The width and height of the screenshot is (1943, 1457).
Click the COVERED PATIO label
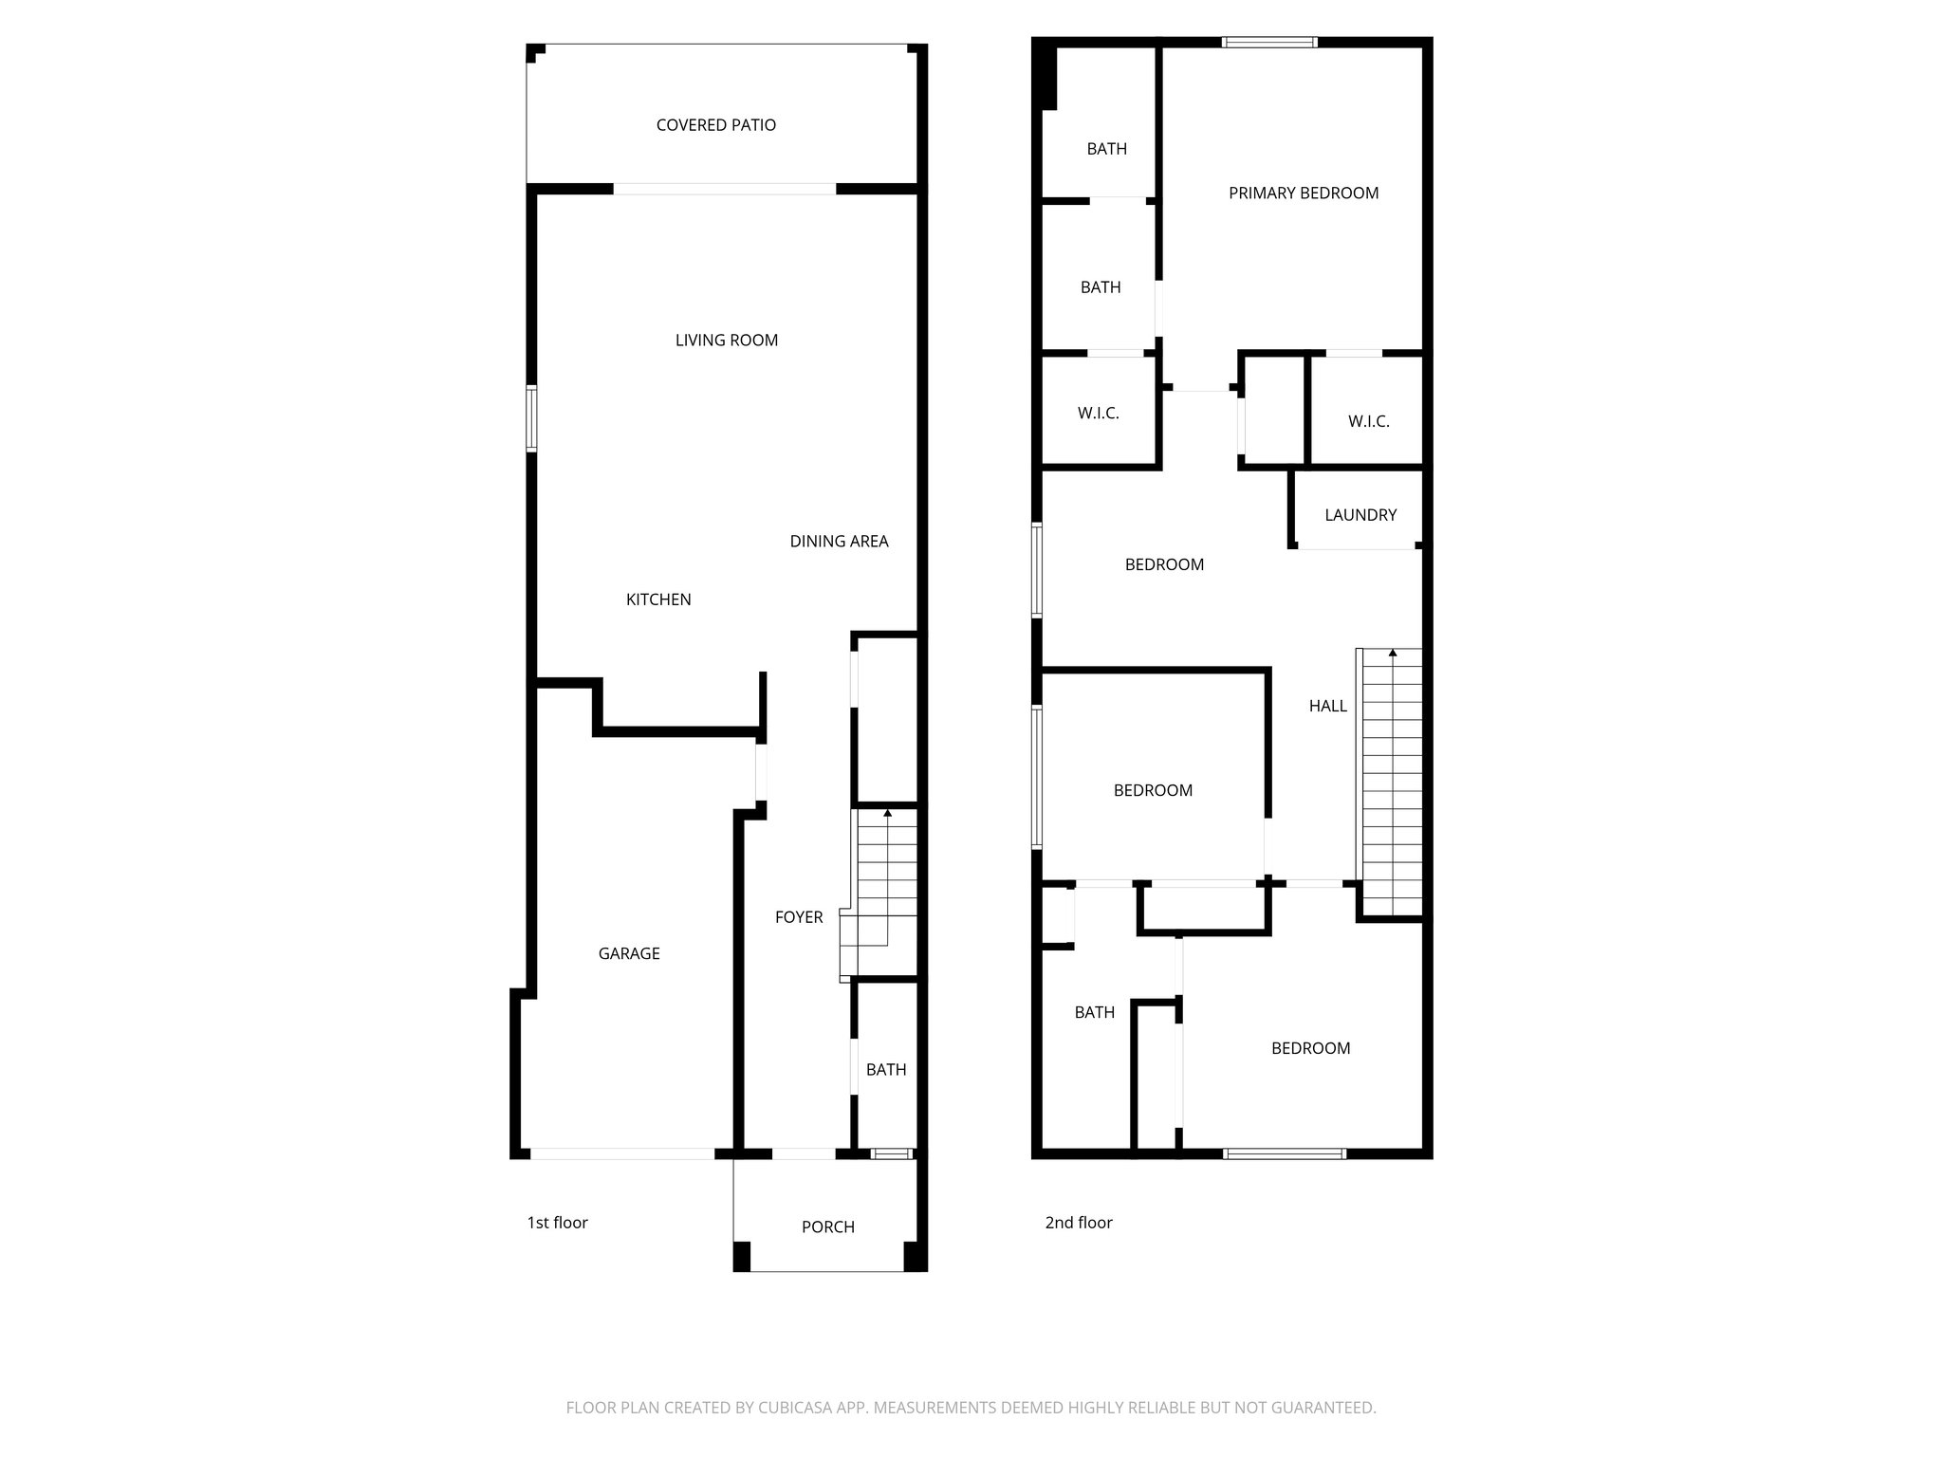pyautogui.click(x=715, y=125)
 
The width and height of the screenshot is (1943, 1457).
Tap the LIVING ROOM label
pyautogui.click(x=726, y=341)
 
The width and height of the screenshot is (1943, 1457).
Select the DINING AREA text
pyautogui.click(x=839, y=542)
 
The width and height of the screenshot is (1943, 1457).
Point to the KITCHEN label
pyautogui.click(x=658, y=599)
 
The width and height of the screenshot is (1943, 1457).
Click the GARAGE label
pyautogui.click(x=628, y=954)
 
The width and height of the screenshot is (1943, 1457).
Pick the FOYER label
pyautogui.click(x=798, y=917)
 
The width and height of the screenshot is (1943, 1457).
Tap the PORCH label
pyautogui.click(x=827, y=1227)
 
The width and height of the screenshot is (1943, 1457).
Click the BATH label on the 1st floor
pyautogui.click(x=885, y=1070)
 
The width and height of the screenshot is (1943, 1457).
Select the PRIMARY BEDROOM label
pyautogui.click(x=1303, y=194)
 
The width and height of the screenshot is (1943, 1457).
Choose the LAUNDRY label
pyautogui.click(x=1360, y=515)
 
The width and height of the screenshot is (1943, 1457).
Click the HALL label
pyautogui.click(x=1327, y=706)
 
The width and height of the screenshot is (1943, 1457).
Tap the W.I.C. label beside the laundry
pyautogui.click(x=1368, y=421)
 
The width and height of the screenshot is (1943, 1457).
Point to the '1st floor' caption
pyautogui.click(x=557, y=1223)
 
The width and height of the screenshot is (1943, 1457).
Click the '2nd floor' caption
pyautogui.click(x=1078, y=1223)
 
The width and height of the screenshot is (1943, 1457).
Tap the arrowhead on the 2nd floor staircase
pyautogui.click(x=1392, y=653)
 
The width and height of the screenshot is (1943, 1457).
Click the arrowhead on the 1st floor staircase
pyautogui.click(x=887, y=813)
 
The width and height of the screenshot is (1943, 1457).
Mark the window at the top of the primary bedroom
pyautogui.click(x=1268, y=42)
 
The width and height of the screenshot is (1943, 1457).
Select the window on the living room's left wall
pyautogui.click(x=532, y=418)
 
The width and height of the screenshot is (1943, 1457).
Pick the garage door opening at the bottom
pyautogui.click(x=621, y=1153)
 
